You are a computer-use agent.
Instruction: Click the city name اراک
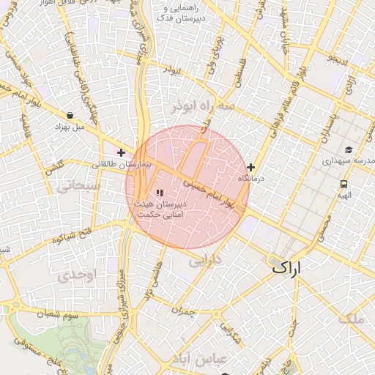point(286,268)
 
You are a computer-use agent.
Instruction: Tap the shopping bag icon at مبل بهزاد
point(70,116)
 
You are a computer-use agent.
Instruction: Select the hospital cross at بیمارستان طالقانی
point(121,152)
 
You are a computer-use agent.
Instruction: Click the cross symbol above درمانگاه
point(252,167)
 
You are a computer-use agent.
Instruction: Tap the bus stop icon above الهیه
point(344,184)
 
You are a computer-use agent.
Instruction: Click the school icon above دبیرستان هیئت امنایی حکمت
point(160,193)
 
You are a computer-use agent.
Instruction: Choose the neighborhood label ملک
point(352,318)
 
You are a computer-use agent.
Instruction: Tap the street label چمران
point(187,312)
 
